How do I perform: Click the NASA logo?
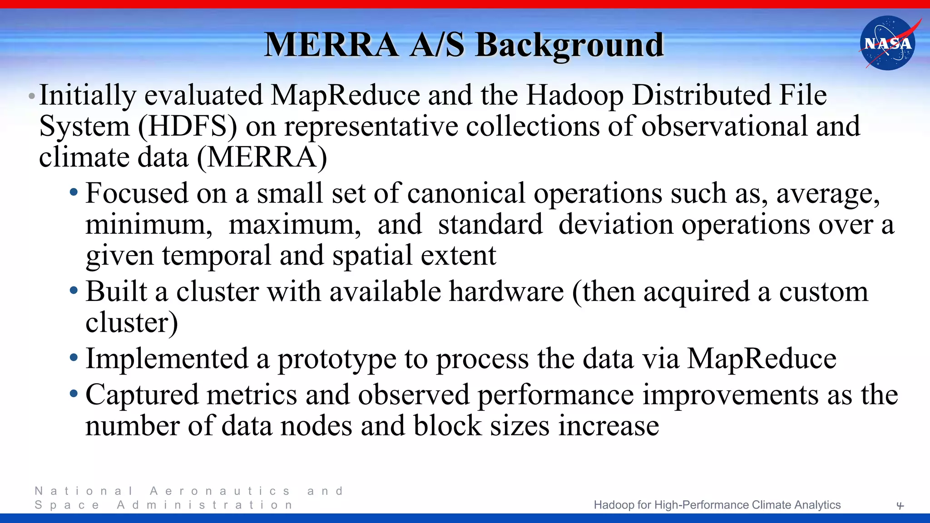888,43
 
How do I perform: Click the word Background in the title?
570,45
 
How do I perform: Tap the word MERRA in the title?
332,45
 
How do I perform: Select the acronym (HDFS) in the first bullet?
188,126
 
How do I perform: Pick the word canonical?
466,193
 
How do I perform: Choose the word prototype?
337,359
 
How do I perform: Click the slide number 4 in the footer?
900,505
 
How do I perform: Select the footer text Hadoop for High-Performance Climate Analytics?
717,505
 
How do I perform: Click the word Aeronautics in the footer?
220,491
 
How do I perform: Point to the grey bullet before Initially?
31,96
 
